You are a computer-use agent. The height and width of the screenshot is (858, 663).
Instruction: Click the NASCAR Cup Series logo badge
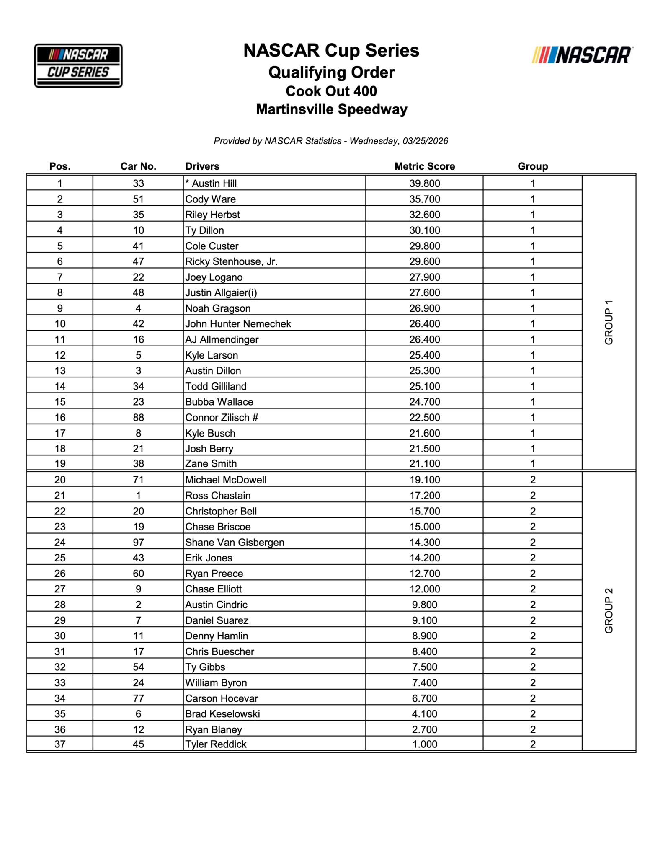(78, 65)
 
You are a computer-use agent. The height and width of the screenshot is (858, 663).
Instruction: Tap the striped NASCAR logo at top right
(583, 55)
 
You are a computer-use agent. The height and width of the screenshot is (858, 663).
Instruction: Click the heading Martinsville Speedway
(331, 109)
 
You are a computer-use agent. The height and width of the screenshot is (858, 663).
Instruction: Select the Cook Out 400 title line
(331, 91)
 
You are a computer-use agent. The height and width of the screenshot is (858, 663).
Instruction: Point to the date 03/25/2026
(425, 141)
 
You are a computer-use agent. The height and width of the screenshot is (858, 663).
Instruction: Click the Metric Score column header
(424, 166)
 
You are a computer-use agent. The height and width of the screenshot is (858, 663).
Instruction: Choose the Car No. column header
(138, 166)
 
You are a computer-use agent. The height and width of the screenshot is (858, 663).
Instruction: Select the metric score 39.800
(424, 183)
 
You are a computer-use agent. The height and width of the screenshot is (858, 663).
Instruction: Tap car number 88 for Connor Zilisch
(138, 417)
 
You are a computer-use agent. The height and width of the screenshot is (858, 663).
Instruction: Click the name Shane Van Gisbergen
(235, 542)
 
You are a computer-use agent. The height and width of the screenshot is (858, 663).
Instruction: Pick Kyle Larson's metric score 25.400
(424, 355)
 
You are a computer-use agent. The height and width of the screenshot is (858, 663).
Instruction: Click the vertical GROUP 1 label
(609, 322)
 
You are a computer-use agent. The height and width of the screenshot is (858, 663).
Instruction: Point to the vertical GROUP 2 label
(609, 610)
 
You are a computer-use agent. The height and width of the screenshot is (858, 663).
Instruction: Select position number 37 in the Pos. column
(60, 744)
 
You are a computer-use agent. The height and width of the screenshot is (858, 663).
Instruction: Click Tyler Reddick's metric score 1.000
(424, 744)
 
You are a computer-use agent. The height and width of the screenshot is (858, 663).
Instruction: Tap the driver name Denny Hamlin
(217, 636)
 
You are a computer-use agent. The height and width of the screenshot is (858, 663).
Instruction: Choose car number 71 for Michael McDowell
(138, 480)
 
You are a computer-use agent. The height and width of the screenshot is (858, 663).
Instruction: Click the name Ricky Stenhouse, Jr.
(231, 261)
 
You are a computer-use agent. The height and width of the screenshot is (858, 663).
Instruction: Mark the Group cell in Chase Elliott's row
(532, 589)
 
